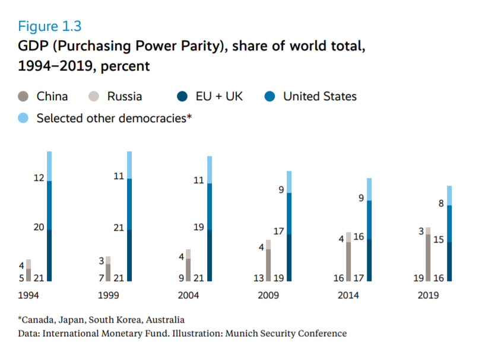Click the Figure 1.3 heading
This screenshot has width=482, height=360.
[50, 27]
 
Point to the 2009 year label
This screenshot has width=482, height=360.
[268, 295]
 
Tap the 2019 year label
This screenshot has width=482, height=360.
[428, 295]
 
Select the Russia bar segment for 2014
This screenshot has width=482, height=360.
[348, 237]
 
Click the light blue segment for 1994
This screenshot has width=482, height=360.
[49, 166]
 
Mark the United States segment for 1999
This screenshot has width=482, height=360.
[129, 203]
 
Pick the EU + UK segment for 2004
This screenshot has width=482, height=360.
[210, 255]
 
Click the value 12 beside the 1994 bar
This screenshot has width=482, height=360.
[39, 178]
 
